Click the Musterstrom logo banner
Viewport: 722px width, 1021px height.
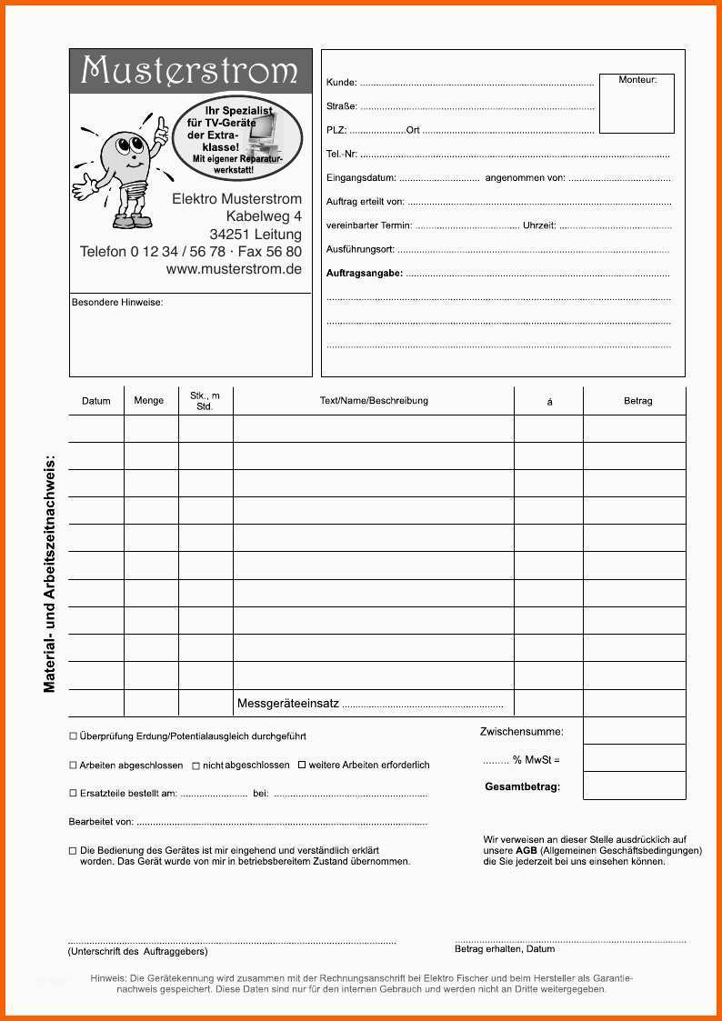click(x=190, y=71)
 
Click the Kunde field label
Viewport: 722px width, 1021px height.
click(x=341, y=83)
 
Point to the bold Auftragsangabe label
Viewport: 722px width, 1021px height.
click(x=364, y=273)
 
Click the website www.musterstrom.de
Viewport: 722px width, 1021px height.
click(x=234, y=269)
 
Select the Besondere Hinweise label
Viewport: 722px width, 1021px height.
click(x=117, y=303)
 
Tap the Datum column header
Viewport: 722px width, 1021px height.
click(x=96, y=401)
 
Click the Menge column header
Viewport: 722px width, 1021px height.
click(x=149, y=400)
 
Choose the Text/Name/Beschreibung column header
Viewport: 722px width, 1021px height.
click(x=374, y=400)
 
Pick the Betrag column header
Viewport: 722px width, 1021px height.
click(x=637, y=401)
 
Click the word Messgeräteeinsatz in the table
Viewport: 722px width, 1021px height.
click(x=288, y=703)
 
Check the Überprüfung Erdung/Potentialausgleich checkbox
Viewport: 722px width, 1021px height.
click(x=74, y=736)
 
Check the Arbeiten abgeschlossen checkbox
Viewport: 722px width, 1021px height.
click(x=74, y=766)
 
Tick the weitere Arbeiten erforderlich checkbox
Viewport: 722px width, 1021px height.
click(x=303, y=765)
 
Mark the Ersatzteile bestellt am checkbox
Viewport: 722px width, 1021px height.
click(x=74, y=794)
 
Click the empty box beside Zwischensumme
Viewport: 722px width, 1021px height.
click(x=634, y=731)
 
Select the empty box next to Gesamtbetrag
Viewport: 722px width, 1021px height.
click(x=634, y=786)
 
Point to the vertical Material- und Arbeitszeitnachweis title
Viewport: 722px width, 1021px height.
click(x=49, y=573)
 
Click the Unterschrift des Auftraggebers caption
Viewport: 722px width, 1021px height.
click(x=137, y=951)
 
